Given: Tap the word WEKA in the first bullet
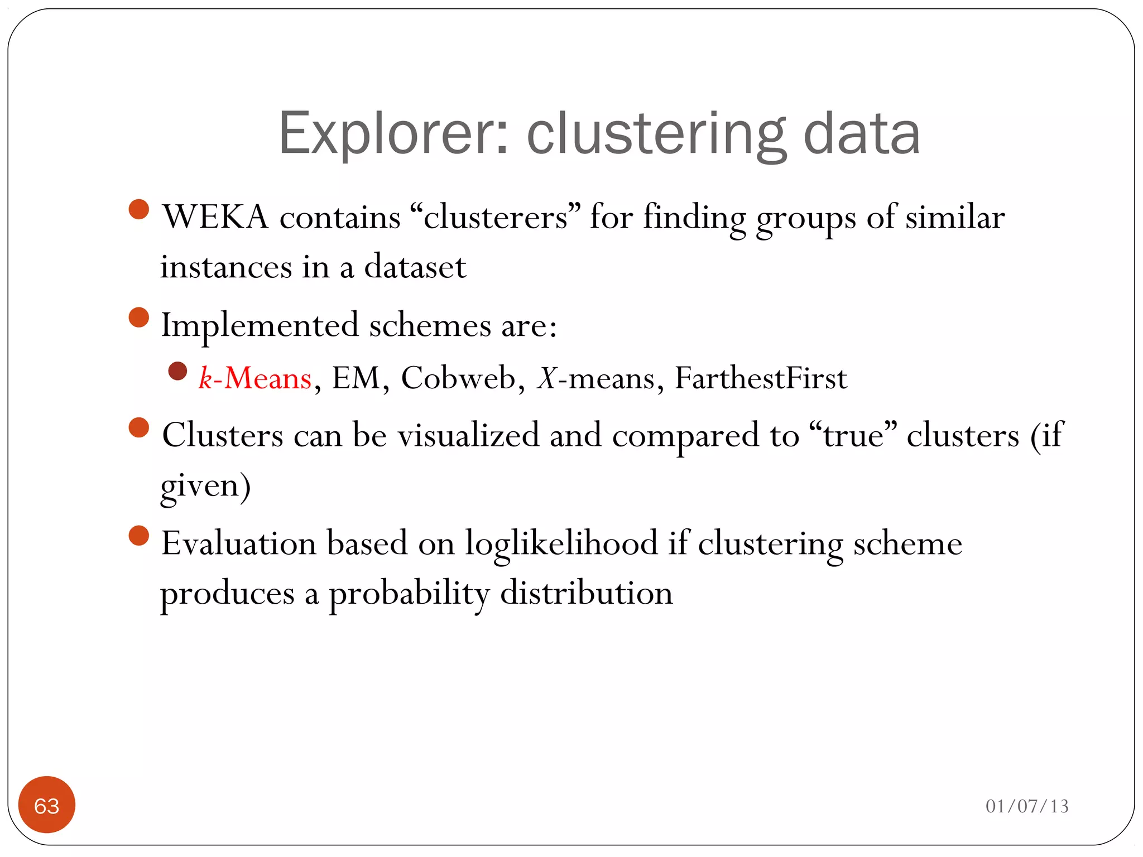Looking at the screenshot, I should [x=215, y=217].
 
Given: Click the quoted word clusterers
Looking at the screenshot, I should [x=495, y=217].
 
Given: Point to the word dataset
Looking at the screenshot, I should [x=415, y=267].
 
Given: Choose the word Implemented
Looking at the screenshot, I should [x=260, y=325].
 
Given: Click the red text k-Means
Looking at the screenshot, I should [x=255, y=378].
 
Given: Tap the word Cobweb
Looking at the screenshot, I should [x=458, y=378].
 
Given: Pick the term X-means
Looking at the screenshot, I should [x=595, y=378].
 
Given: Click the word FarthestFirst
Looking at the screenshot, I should [x=761, y=378].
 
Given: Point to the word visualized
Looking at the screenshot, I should [x=468, y=435].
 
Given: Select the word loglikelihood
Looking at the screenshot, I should [x=561, y=543].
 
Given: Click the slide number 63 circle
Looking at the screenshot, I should [x=47, y=805].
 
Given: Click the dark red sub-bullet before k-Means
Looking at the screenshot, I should [x=177, y=372].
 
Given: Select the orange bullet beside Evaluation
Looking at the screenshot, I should [x=139, y=536].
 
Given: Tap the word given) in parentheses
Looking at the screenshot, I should [x=205, y=485].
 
